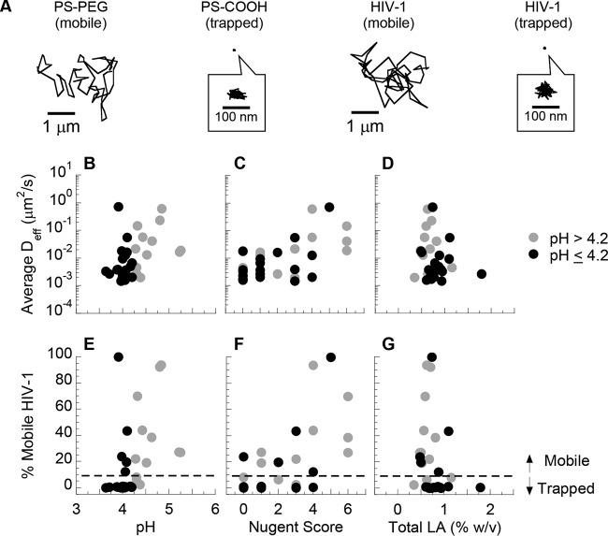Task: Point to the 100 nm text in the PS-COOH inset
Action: click(238, 117)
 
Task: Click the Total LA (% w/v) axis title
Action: click(442, 526)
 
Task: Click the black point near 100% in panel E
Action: click(119, 357)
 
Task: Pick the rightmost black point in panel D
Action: click(481, 274)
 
